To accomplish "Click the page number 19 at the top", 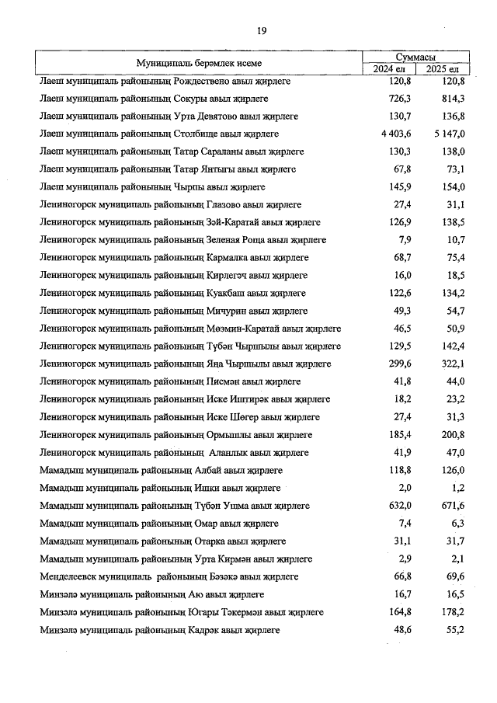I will tap(262, 30).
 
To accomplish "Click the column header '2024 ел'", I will tap(390, 69).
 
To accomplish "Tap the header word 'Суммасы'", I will tap(415, 57).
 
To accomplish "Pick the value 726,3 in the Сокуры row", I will tap(399, 99).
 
